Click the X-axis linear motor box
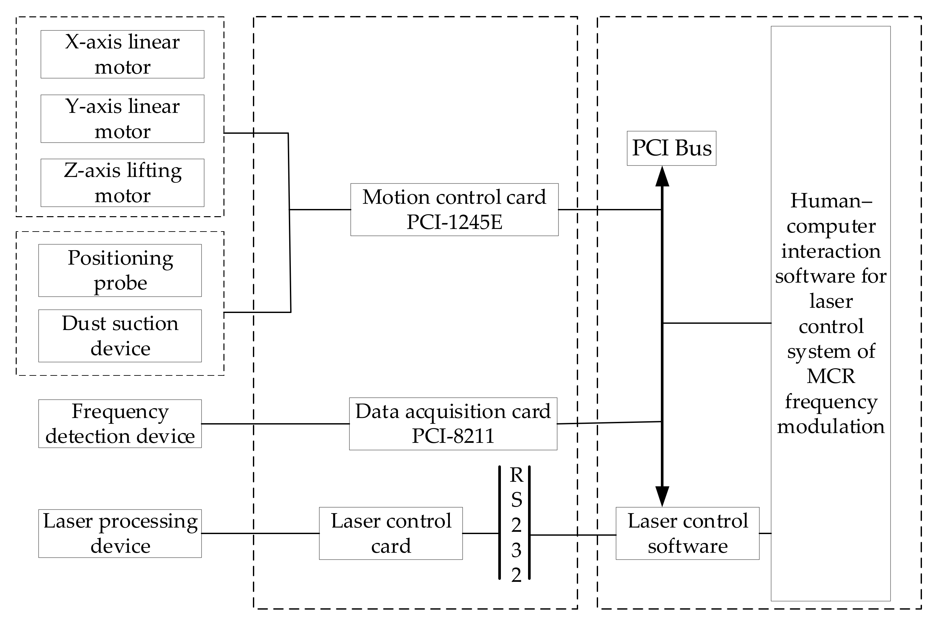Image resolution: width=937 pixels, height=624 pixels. click(122, 54)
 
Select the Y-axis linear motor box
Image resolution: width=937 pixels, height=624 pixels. click(122, 119)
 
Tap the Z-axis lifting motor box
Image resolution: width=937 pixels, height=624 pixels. click(122, 183)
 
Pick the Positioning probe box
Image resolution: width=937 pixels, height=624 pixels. click(120, 270)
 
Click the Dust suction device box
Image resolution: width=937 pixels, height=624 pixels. click(120, 336)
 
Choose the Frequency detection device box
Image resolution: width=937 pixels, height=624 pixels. click(120, 424)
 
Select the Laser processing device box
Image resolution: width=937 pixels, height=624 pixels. click(120, 533)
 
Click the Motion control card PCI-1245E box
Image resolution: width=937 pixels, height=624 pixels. click(454, 209)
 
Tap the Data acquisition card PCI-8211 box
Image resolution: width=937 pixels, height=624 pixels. click(453, 424)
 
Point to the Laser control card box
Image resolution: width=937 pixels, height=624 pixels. click(391, 533)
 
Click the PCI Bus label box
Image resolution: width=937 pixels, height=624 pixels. click(671, 148)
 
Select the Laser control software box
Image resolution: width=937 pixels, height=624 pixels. click(687, 533)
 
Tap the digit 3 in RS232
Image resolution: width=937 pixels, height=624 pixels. click(516, 550)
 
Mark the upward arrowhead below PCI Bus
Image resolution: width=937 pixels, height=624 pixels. click(662, 177)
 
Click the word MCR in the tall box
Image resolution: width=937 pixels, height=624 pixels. click(830, 376)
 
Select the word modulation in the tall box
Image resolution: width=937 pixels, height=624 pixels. click(830, 426)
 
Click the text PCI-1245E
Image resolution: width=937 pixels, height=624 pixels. click(454, 222)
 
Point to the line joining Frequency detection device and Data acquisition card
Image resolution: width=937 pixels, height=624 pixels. click(274, 424)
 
